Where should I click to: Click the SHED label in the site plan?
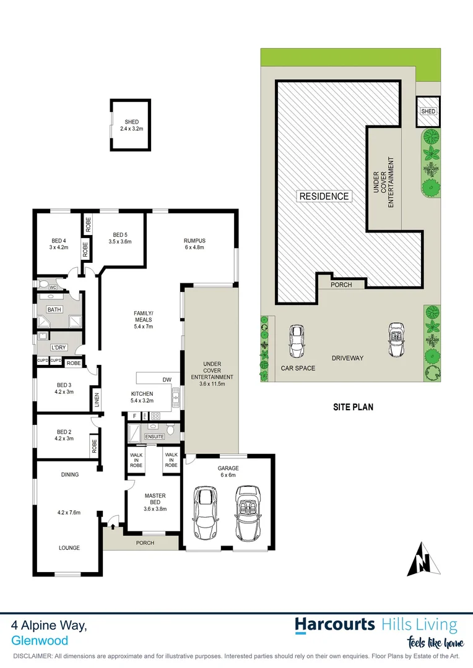pyautogui.click(x=428, y=112)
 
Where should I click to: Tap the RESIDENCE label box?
pyautogui.click(x=324, y=197)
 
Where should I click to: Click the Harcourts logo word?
pyautogui.click(x=334, y=624)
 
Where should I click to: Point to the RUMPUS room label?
pyautogui.click(x=194, y=241)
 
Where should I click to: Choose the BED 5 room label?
pyautogui.click(x=121, y=235)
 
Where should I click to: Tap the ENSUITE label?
pyautogui.click(x=155, y=437)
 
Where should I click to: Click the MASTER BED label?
pyautogui.click(x=155, y=499)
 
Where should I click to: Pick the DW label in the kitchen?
pyautogui.click(x=167, y=380)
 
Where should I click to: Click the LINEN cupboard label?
pyautogui.click(x=97, y=400)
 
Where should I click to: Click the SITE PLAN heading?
pyautogui.click(x=353, y=407)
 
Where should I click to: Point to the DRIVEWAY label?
pyautogui.click(x=347, y=358)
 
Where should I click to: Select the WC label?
pyautogui.click(x=53, y=288)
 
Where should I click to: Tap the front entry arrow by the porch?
pyautogui.click(x=113, y=526)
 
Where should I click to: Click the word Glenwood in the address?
pyautogui.click(x=39, y=641)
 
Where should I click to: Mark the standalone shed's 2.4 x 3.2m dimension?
pyautogui.click(x=131, y=129)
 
